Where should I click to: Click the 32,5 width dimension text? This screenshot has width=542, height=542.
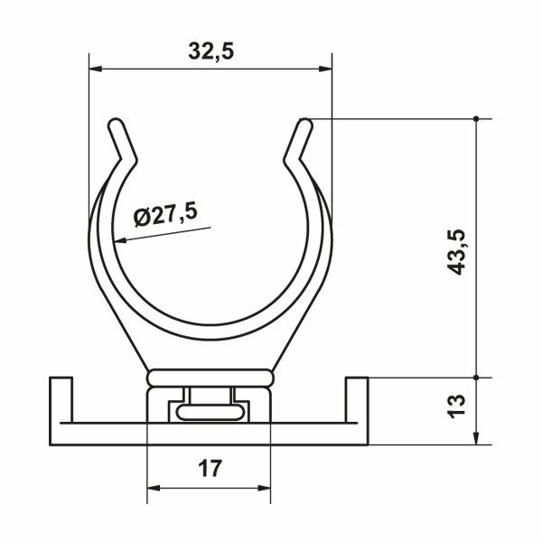211,52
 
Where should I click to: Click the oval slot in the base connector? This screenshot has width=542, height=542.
209,413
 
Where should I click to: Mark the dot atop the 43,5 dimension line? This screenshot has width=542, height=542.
476,117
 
